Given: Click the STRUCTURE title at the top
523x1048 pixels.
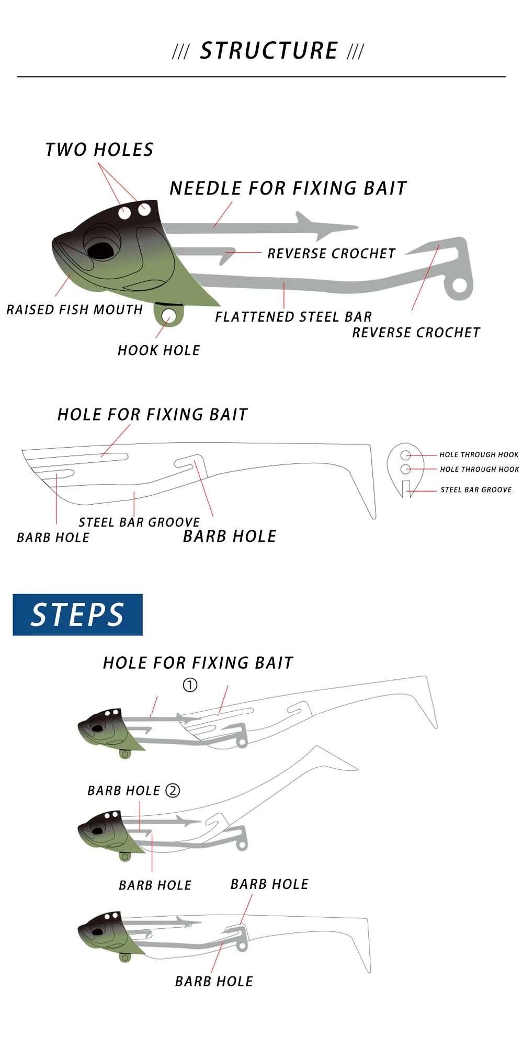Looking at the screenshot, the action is click(269, 51).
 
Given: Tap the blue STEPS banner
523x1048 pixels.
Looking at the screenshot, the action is click(77, 614).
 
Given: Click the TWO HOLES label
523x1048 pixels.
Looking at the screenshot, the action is click(99, 150).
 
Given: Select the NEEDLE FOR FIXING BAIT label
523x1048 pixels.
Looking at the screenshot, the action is click(288, 188).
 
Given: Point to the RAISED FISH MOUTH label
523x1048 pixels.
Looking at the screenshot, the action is click(75, 310).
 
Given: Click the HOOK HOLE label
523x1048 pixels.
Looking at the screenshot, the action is click(159, 350).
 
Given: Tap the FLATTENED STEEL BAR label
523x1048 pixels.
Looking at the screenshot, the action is click(294, 317).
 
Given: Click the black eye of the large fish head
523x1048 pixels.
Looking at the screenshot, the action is click(100, 249).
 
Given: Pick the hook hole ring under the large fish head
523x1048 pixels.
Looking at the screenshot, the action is click(168, 315).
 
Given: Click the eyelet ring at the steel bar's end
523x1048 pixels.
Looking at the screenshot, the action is click(459, 285).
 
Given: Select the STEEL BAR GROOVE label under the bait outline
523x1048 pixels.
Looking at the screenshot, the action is click(139, 522).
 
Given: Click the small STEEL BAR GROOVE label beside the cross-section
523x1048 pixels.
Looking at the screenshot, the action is click(476, 490).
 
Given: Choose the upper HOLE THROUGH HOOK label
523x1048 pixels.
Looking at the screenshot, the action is click(479, 455).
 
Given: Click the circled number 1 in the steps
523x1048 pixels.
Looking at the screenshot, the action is click(190, 685).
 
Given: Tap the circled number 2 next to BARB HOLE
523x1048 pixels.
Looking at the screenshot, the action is click(173, 790).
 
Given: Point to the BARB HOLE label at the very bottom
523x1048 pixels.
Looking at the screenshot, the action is click(214, 982).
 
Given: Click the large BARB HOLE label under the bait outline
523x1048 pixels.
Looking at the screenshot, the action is click(230, 537).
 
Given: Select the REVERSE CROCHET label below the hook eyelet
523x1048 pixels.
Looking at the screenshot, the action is click(416, 333).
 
